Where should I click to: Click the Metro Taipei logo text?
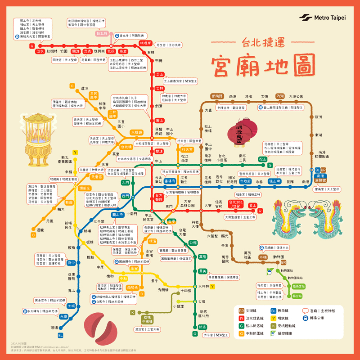[x=329, y=18]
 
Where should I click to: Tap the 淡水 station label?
[x=40, y=51]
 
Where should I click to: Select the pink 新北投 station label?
[x=102, y=34]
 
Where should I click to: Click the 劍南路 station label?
[x=217, y=96]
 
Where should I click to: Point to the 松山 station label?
[x=262, y=159]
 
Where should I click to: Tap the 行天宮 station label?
[x=186, y=149]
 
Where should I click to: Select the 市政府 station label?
[x=245, y=181]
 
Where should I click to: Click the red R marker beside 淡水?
[x=31, y=46]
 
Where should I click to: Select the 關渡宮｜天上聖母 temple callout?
[x=63, y=59]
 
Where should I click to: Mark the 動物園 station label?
[x=280, y=257]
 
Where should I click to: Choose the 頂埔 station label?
[x=55, y=328]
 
